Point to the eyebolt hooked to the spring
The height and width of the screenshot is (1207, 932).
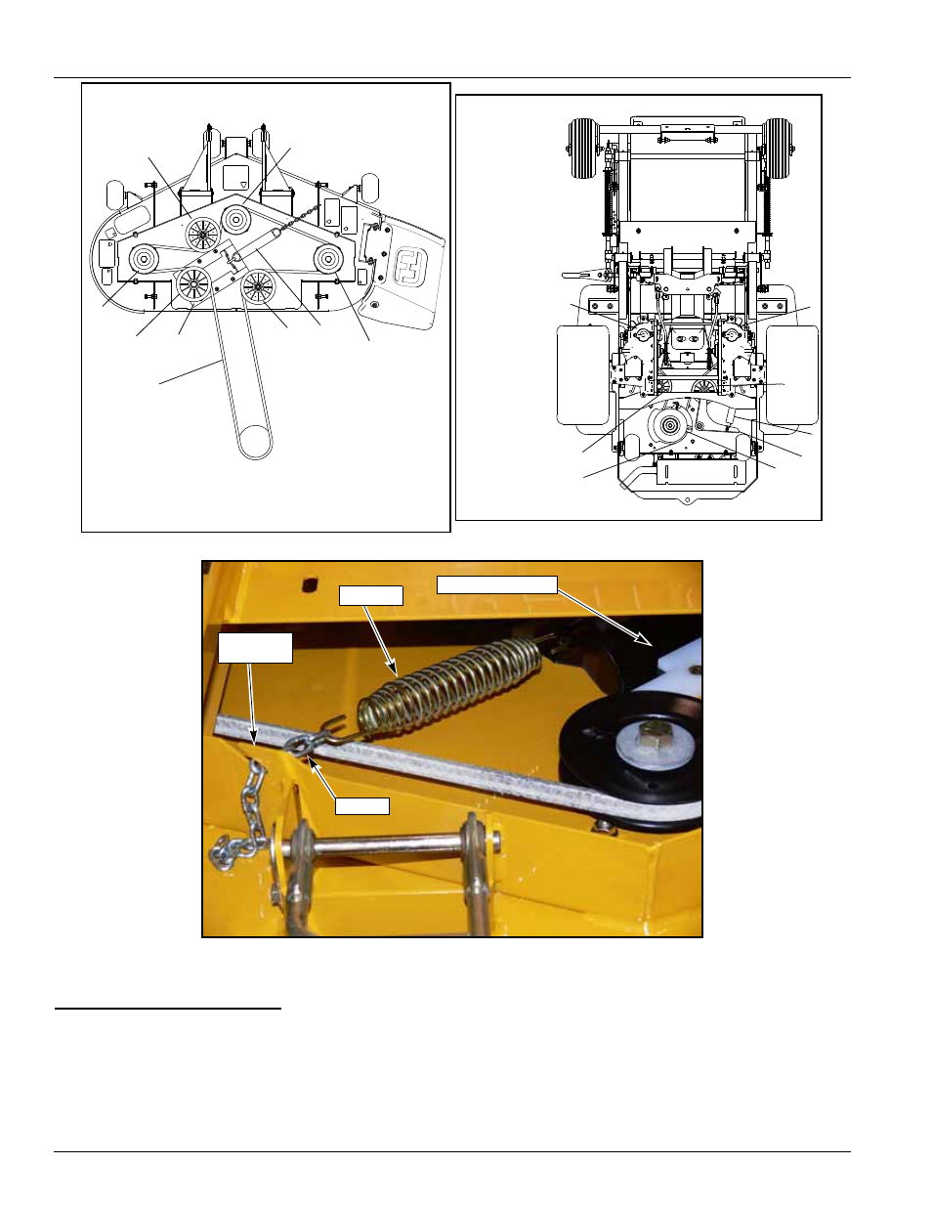pos(301,746)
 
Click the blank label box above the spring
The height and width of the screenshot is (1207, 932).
pos(370,595)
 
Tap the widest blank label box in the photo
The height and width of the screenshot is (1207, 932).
pos(496,584)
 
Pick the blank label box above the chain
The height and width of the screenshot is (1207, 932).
pos(255,648)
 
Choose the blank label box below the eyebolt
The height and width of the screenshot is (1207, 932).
pos(362,806)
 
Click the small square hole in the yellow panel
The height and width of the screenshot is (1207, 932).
pos(310,584)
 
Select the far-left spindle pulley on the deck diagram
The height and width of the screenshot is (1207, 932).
pos(143,259)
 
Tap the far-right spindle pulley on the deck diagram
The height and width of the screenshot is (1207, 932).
pos(327,259)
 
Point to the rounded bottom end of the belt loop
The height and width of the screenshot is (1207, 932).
pos(255,445)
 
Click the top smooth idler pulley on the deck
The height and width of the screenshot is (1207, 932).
pos(235,219)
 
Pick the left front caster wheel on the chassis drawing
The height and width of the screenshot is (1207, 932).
pos(583,148)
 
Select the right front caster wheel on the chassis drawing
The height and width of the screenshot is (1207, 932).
pos(779,148)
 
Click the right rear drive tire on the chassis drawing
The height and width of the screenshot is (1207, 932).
pos(792,375)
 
